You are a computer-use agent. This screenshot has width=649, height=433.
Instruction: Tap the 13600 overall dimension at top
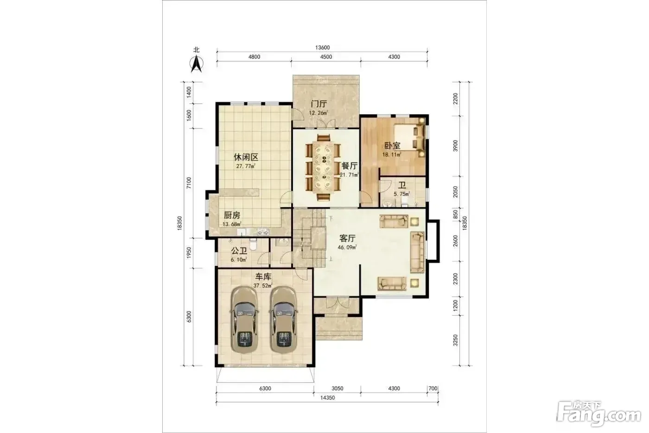[x=323, y=47]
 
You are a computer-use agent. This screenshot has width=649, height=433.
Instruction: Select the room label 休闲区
[x=246, y=157]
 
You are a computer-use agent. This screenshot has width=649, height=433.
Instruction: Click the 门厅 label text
[x=319, y=103]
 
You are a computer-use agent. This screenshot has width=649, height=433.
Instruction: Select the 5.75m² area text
[x=401, y=194]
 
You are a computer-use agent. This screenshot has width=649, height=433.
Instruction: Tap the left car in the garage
[x=244, y=320]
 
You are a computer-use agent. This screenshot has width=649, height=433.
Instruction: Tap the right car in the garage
[x=283, y=320]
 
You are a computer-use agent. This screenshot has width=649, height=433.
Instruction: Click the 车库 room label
[x=263, y=277]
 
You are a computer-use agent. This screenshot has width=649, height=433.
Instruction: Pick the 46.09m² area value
[x=347, y=247]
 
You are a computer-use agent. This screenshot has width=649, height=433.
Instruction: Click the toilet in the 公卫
[x=253, y=244]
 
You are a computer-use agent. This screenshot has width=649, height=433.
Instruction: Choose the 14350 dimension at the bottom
[x=327, y=398]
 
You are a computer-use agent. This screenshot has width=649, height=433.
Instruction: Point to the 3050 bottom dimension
[x=337, y=388]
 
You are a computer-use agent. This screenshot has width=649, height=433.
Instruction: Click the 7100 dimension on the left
[x=189, y=183]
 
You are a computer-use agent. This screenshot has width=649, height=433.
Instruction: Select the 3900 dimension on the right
[x=455, y=146]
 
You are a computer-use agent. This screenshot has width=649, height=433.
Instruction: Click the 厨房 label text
[x=232, y=215]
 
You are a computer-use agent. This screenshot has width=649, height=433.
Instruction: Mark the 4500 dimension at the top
[x=326, y=57]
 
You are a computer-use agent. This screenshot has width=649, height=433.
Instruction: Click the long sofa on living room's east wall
[x=417, y=252]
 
